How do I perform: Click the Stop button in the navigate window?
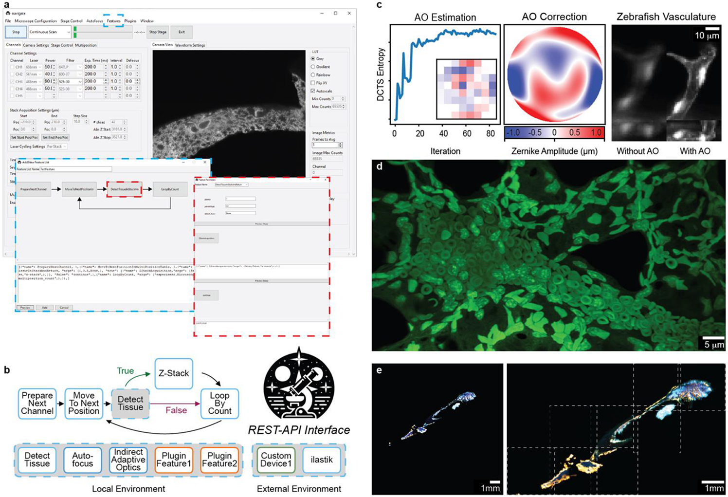(16, 32)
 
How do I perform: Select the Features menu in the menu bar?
(113, 21)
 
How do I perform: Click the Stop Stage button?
(157, 32)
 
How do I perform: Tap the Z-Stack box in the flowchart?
(174, 373)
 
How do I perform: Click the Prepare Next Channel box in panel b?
(37, 403)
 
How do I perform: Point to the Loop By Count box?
(219, 403)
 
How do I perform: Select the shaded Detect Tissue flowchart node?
(130, 403)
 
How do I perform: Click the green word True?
(125, 371)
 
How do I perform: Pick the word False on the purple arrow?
(176, 410)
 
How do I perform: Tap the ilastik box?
(321, 460)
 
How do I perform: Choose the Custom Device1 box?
(276, 460)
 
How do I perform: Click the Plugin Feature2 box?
(219, 460)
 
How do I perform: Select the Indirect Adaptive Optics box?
(128, 460)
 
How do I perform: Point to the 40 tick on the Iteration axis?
(443, 133)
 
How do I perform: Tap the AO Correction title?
(554, 17)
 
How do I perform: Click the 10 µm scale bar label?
(706, 36)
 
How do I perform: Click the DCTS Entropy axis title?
(381, 74)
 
